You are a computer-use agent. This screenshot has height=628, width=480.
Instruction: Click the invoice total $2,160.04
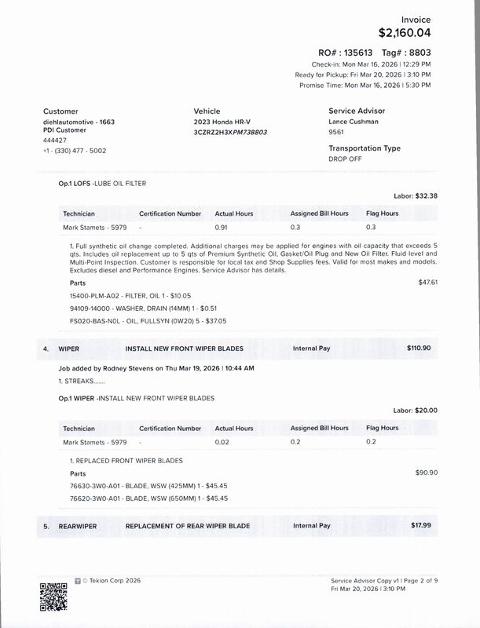pos(405,33)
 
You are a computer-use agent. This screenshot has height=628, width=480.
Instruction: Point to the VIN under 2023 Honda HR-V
pos(230,133)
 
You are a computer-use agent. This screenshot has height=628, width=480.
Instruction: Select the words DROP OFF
pos(346,159)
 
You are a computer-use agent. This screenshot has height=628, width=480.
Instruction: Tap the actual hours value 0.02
pos(222,442)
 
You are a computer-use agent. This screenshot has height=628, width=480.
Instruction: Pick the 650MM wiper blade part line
pos(126,498)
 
